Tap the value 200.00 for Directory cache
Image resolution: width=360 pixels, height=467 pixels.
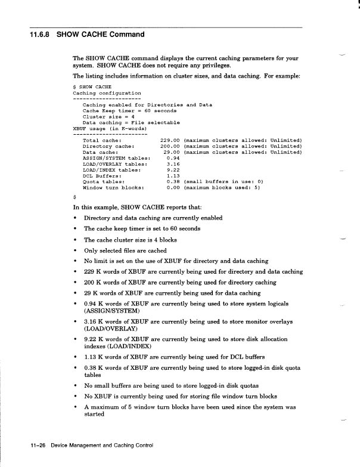170,146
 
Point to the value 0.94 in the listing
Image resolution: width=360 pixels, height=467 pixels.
174,158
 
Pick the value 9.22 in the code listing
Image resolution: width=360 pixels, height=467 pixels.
174,170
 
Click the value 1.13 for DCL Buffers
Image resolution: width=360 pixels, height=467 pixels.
174,176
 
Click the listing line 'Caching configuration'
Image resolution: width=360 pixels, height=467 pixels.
107,93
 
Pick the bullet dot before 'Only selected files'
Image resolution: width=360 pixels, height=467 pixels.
75,250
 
